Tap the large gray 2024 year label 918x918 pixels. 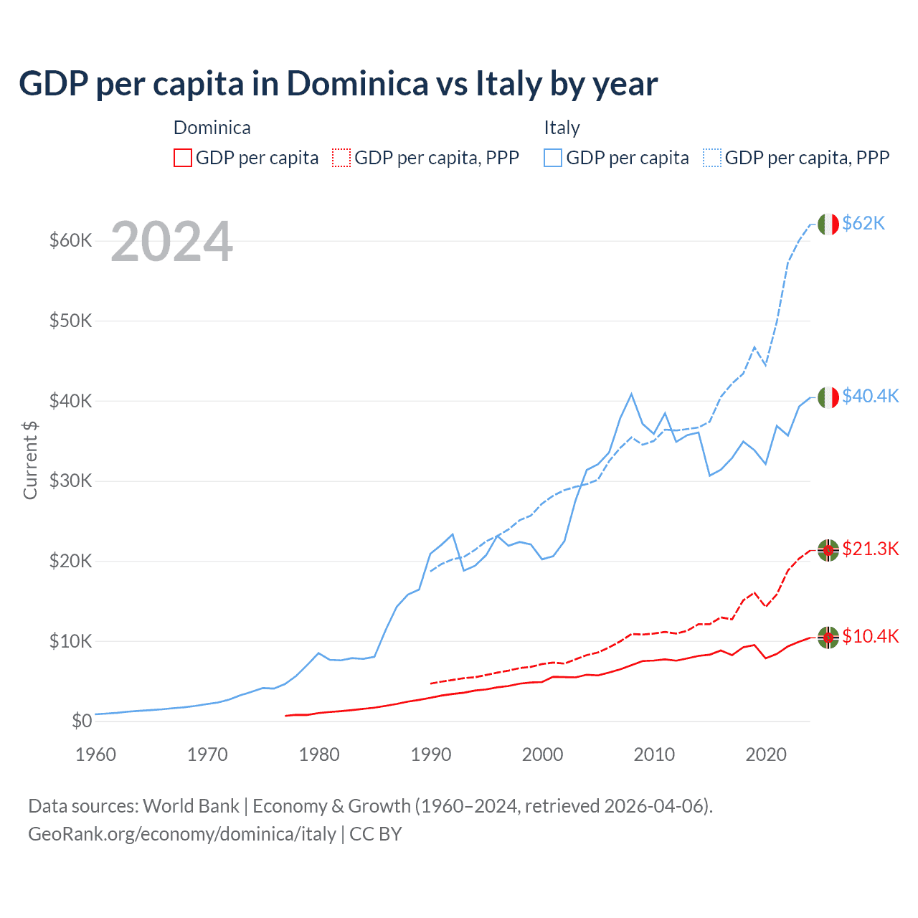pos(171,242)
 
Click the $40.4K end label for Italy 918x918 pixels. pos(870,397)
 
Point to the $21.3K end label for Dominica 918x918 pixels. pos(870,549)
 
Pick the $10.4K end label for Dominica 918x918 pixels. pos(870,637)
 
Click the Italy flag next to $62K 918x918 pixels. pos(828,224)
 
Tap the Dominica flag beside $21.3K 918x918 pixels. pos(828,550)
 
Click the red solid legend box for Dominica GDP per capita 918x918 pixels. pos(183,158)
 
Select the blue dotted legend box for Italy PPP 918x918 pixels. pos(712,158)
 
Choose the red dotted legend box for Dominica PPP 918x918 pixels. pos(341,158)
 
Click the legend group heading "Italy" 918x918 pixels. pos(562,128)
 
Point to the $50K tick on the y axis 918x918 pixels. pos(70,321)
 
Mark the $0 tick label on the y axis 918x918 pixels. pos(82,721)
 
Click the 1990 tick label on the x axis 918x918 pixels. pos(431,754)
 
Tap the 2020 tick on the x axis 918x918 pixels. pos(766,754)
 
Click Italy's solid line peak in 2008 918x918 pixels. pos(631,394)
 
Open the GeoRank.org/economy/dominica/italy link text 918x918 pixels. pos(182,834)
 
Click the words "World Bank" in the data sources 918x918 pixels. pos(191,806)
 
